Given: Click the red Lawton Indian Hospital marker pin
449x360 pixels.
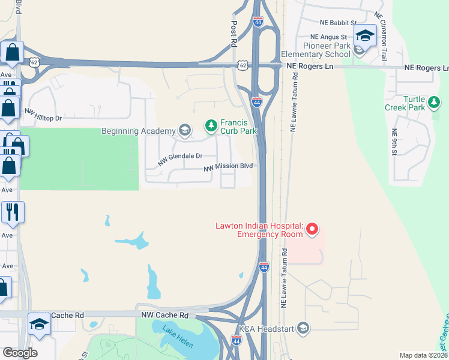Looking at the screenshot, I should [x=312, y=229].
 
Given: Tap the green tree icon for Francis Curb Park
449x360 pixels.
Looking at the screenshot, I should [x=211, y=125].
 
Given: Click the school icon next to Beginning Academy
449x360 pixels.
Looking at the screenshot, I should [x=184, y=131].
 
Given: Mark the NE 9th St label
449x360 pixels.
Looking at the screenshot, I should [x=394, y=142].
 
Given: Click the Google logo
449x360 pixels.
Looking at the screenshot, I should [x=20, y=353].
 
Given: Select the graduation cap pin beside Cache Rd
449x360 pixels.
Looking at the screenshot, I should [x=40, y=325].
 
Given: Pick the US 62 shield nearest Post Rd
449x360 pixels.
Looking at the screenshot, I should [x=242, y=64].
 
